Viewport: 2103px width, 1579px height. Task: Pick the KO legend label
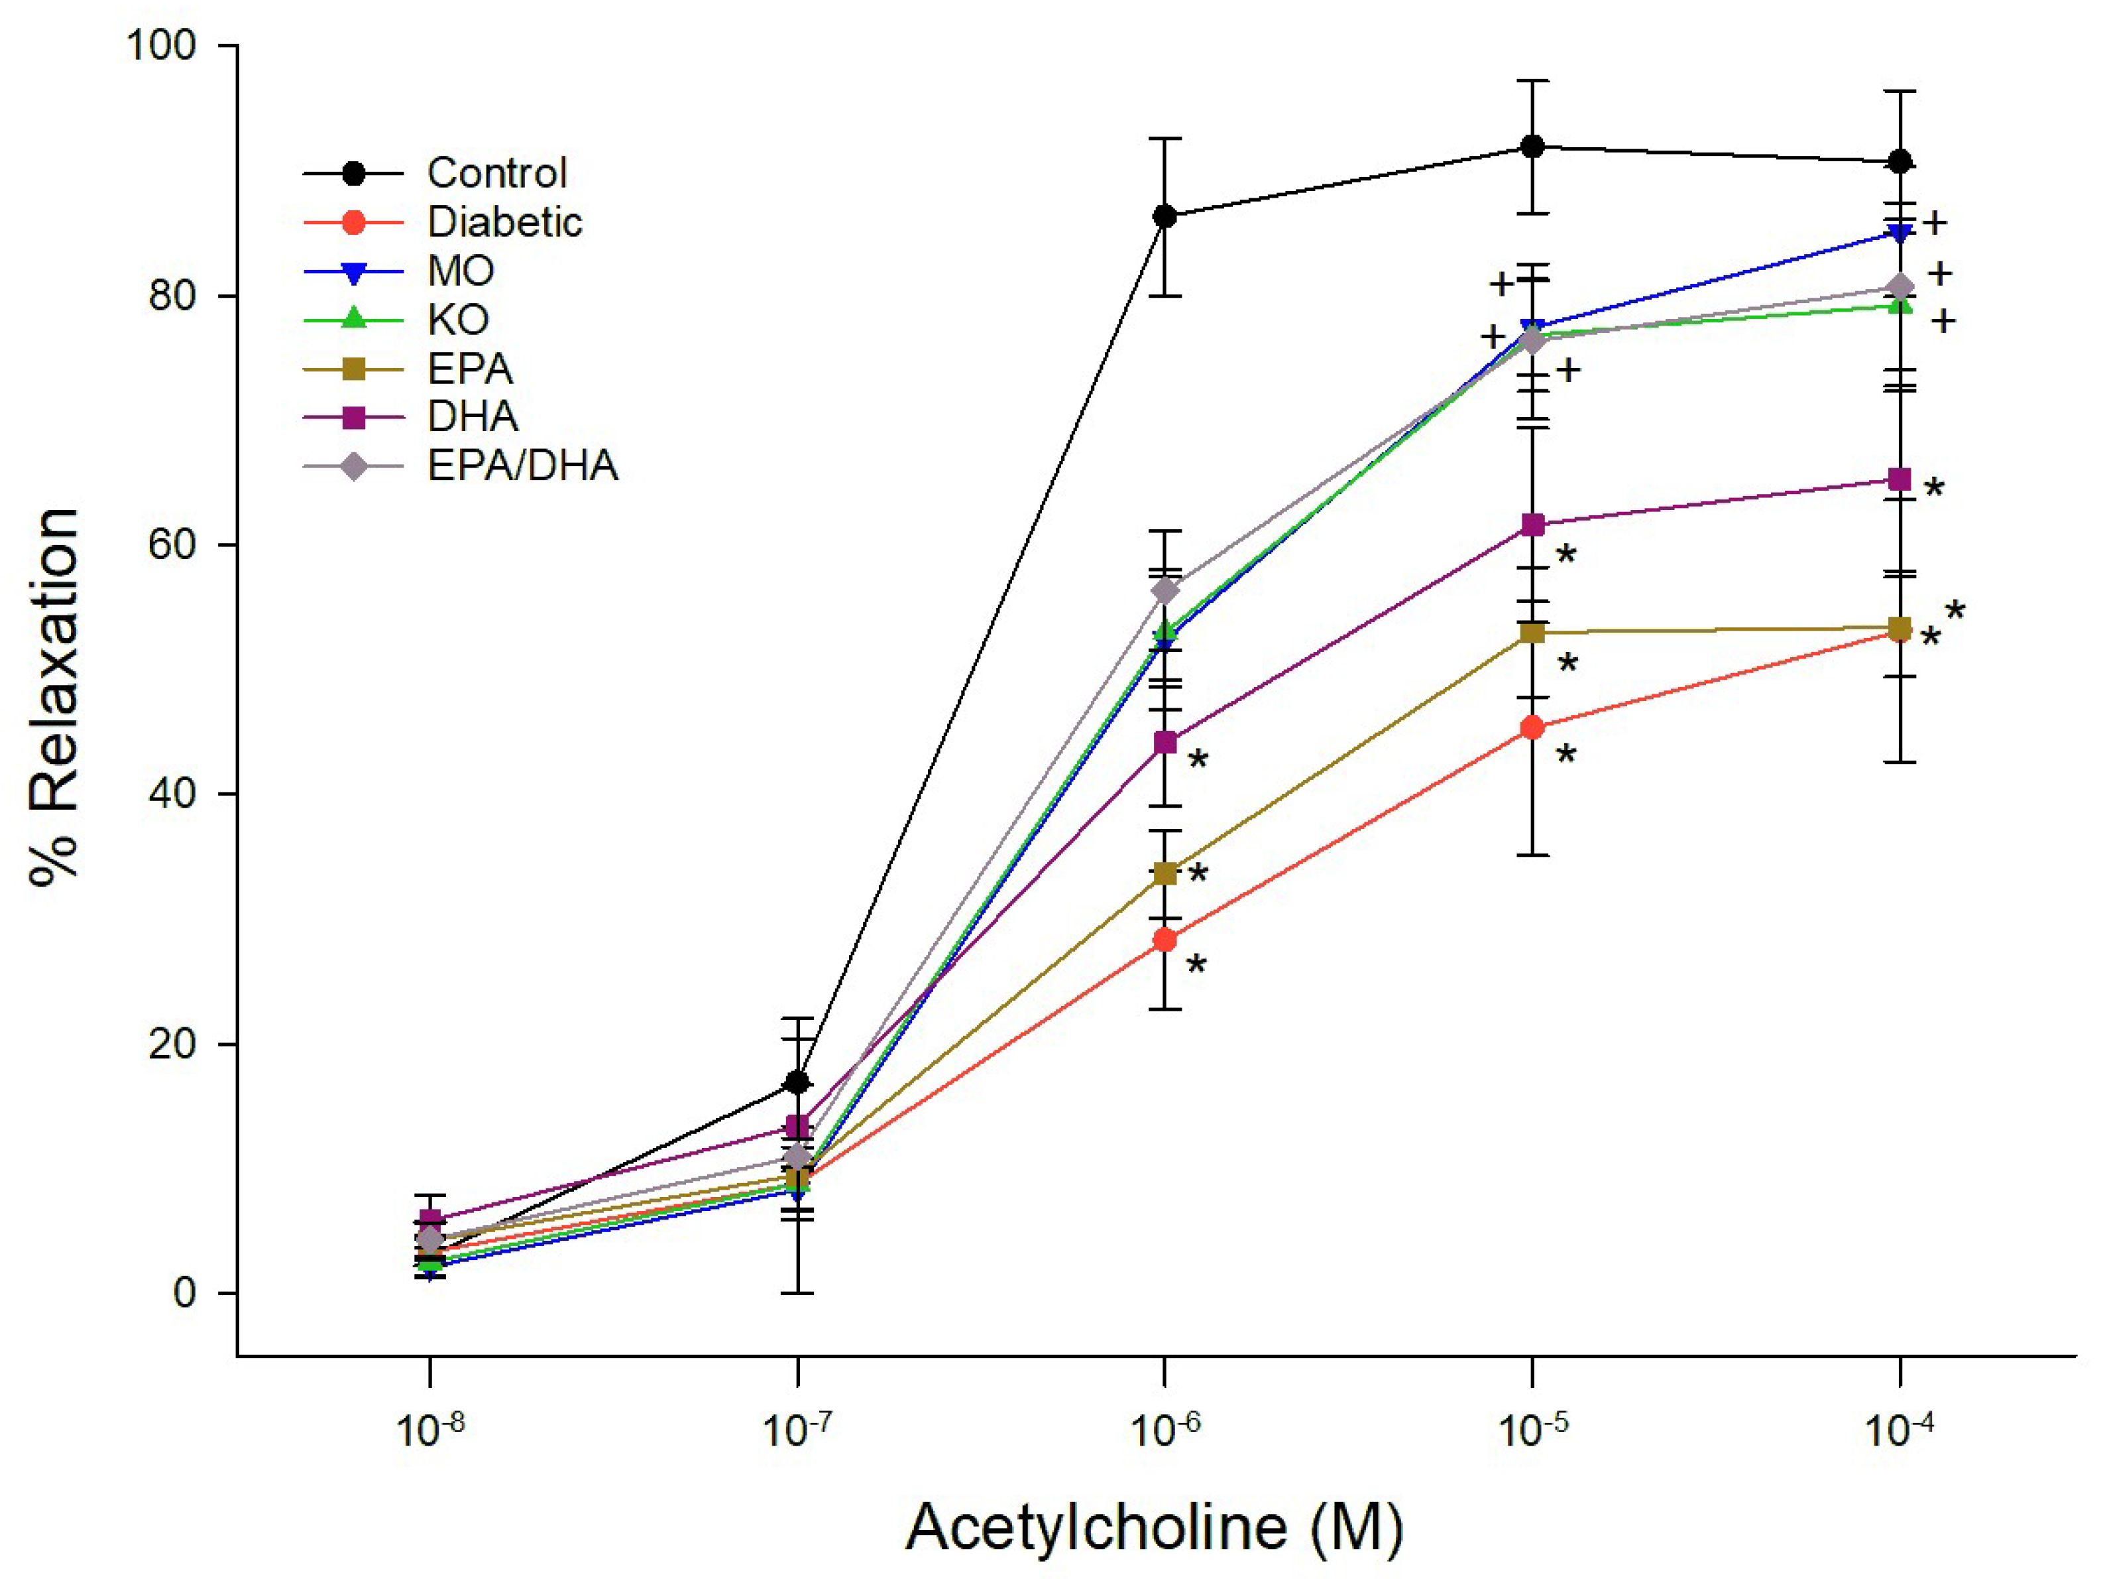click(x=458, y=320)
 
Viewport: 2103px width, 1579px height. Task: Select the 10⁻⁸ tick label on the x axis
click(x=429, y=1428)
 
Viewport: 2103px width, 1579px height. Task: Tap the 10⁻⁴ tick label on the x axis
click(x=1899, y=1428)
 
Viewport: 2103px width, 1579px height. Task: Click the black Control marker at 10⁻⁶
click(x=1165, y=217)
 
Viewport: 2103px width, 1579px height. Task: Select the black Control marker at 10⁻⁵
click(x=1532, y=147)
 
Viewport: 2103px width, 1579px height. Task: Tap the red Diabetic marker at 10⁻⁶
click(x=1165, y=940)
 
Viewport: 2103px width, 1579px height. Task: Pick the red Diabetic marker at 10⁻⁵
click(x=1532, y=729)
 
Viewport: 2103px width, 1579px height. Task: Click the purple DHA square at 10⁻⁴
click(x=1900, y=479)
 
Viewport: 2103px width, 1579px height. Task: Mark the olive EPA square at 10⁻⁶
click(x=1165, y=873)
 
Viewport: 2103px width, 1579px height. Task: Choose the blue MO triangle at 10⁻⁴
click(x=1900, y=233)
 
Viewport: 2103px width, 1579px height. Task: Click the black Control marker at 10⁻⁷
click(x=798, y=1082)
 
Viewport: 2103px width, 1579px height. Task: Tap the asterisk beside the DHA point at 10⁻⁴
click(x=1934, y=489)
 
